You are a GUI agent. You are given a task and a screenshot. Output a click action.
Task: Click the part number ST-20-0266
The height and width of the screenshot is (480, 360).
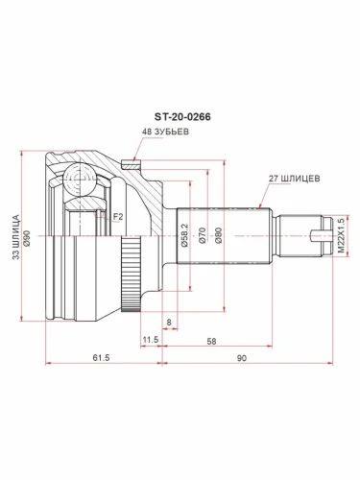point(184,116)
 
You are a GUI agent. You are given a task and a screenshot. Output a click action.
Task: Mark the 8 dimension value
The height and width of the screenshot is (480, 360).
point(168,324)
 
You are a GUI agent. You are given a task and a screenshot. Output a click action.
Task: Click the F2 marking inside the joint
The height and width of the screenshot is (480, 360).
point(118,217)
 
